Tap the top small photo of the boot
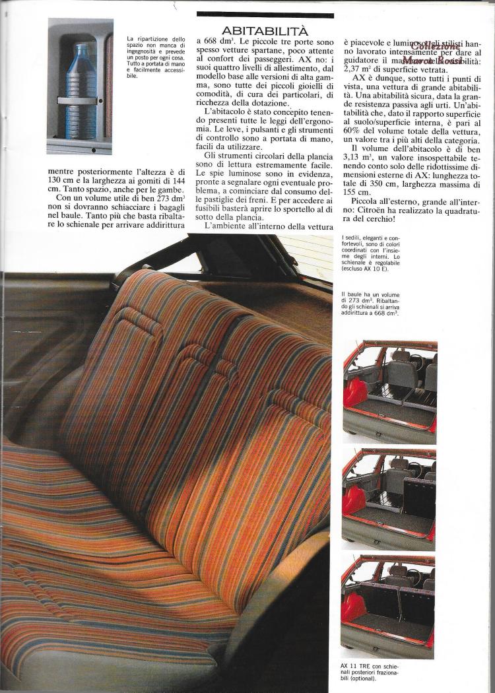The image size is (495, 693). [x=389, y=385]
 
